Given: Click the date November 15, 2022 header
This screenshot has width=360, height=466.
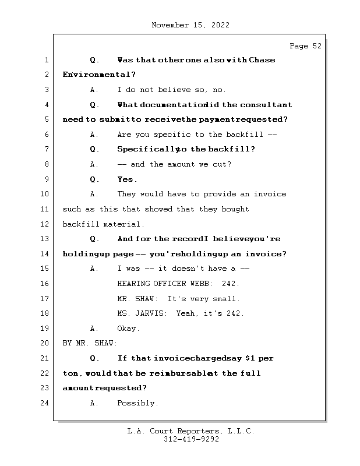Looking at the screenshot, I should pos(190,25).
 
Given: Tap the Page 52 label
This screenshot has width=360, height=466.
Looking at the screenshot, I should pos(305,46).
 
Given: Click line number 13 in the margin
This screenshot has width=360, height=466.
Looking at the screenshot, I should pos(45,239).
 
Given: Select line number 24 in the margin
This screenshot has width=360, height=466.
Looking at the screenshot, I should pos(45,403).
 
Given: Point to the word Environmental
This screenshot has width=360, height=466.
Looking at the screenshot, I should pos(97,75).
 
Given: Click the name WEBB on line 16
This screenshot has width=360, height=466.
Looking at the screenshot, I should pos(202,284).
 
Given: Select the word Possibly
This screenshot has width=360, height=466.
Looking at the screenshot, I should pos(137,403).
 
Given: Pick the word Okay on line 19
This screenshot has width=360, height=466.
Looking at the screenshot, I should pos(128,329).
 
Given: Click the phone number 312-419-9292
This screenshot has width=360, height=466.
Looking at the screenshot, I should pos(191,440).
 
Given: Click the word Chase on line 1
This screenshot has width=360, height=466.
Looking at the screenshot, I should pos(262,60).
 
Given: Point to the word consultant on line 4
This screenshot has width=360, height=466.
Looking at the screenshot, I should pos(266,105).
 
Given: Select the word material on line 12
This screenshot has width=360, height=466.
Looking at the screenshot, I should pos(124,224).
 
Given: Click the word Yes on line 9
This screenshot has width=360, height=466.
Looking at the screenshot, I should pos(127,179).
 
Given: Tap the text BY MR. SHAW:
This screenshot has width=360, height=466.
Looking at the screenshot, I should pos(90,343).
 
